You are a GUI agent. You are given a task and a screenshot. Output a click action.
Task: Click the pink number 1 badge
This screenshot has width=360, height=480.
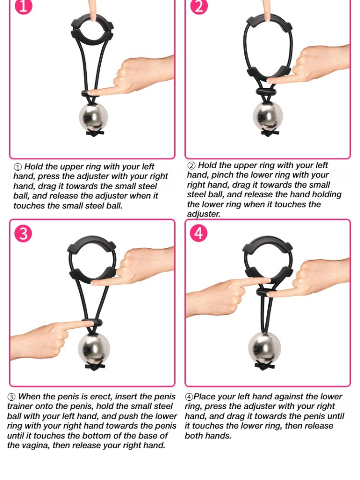[23, 6]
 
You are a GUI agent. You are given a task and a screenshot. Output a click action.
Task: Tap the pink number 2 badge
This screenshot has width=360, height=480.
[199, 6]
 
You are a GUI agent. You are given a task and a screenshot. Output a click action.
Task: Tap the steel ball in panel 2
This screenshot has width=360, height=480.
[268, 117]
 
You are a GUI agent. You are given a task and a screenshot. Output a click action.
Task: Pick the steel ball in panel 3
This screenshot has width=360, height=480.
[94, 348]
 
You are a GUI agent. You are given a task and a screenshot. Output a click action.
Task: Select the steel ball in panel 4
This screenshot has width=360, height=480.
[264, 347]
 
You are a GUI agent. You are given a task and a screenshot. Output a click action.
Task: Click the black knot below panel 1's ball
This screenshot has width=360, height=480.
[95, 133]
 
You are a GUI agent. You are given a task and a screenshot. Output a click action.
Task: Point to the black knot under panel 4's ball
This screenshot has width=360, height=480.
[264, 365]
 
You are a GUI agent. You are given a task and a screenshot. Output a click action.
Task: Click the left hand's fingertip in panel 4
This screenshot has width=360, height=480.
[266, 280]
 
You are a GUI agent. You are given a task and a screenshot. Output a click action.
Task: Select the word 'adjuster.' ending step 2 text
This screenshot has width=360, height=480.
[204, 214]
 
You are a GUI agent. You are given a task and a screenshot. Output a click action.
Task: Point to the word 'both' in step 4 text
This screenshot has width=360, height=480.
[194, 435]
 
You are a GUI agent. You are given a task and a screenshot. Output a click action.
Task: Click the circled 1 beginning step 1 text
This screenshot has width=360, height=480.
[18, 167]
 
